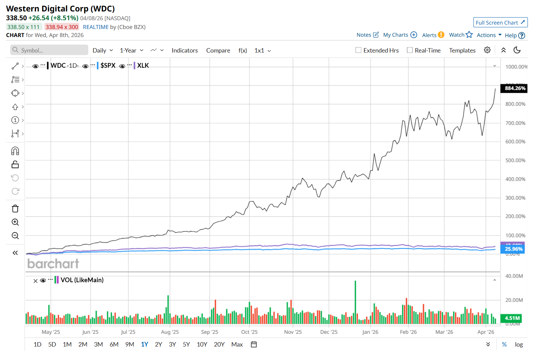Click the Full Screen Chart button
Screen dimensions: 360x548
pyautogui.click(x=500, y=23)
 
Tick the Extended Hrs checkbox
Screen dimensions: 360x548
pyautogui.click(x=358, y=50)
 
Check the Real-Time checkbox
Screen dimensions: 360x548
pyautogui.click(x=410, y=50)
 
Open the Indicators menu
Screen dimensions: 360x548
pyautogui.click(x=184, y=51)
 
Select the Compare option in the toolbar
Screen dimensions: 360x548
pyautogui.click(x=218, y=51)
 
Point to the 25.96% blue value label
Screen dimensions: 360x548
pyautogui.click(x=513, y=249)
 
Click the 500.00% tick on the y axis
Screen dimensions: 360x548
pyautogui.click(x=515, y=160)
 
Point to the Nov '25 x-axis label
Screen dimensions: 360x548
pyautogui.click(x=293, y=332)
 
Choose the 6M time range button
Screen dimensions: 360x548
pyautogui.click(x=114, y=345)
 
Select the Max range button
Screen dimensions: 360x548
pyautogui.click(x=237, y=345)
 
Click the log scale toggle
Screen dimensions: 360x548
pyautogui.click(x=519, y=345)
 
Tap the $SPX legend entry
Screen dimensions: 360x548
pyautogui.click(x=108, y=65)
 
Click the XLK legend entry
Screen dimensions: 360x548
pyautogui.click(x=143, y=65)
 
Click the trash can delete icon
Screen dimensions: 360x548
pyautogui.click(x=15, y=209)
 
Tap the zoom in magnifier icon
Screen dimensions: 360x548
pyautogui.click(x=15, y=222)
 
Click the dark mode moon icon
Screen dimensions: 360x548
pyautogui.click(x=517, y=50)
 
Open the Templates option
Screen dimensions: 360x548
pyautogui.click(x=462, y=51)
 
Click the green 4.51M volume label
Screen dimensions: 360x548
pyautogui.click(x=512, y=318)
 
